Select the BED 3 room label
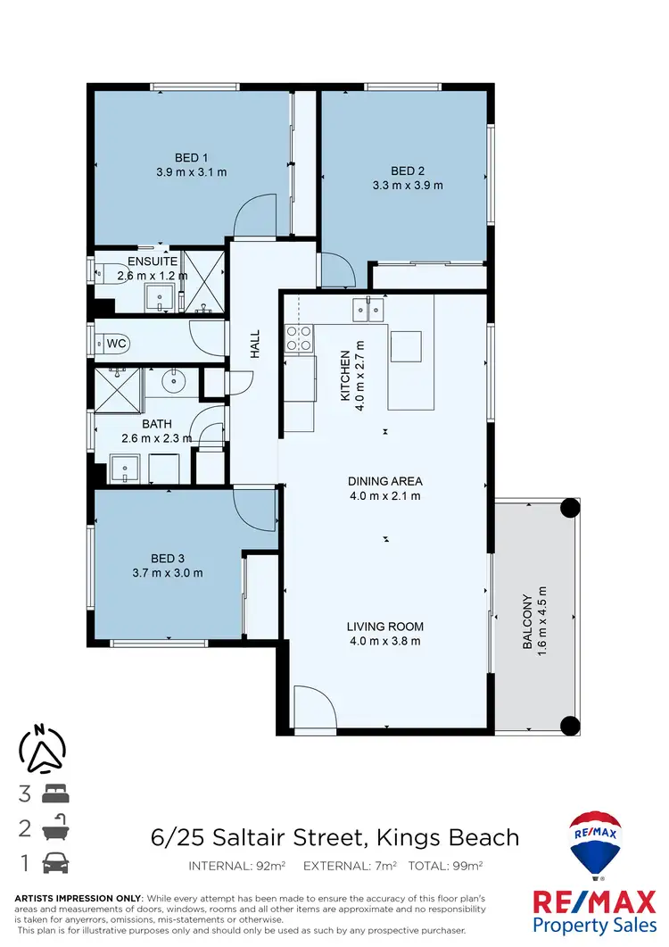click(169, 559)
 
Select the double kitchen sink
click(368, 308)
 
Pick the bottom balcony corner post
click(568, 724)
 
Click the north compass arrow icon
click(42, 748)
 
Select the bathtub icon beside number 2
click(54, 827)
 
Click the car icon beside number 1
click(54, 863)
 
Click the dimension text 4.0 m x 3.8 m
click(384, 641)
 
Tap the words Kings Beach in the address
click(447, 837)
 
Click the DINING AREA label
click(384, 482)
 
